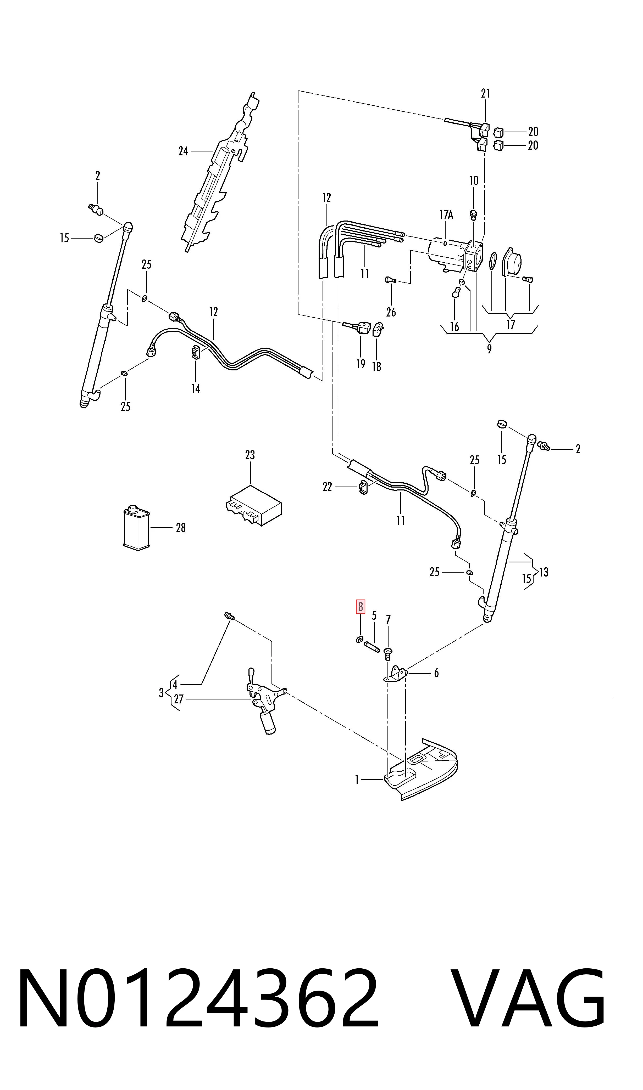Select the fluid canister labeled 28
tap(136, 527)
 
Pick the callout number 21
tap(485, 93)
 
